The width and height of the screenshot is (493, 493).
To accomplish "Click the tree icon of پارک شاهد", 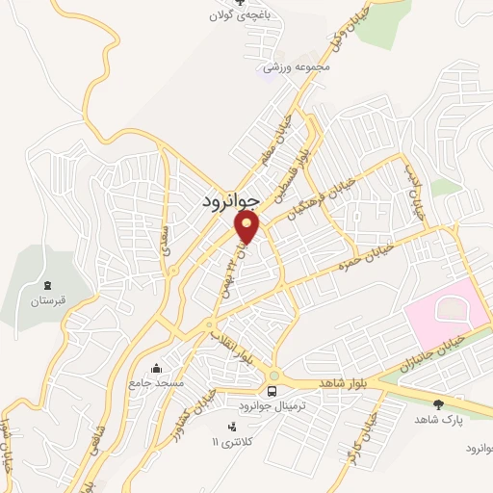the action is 440,403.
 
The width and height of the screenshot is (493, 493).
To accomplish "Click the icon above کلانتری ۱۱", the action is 230,426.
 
